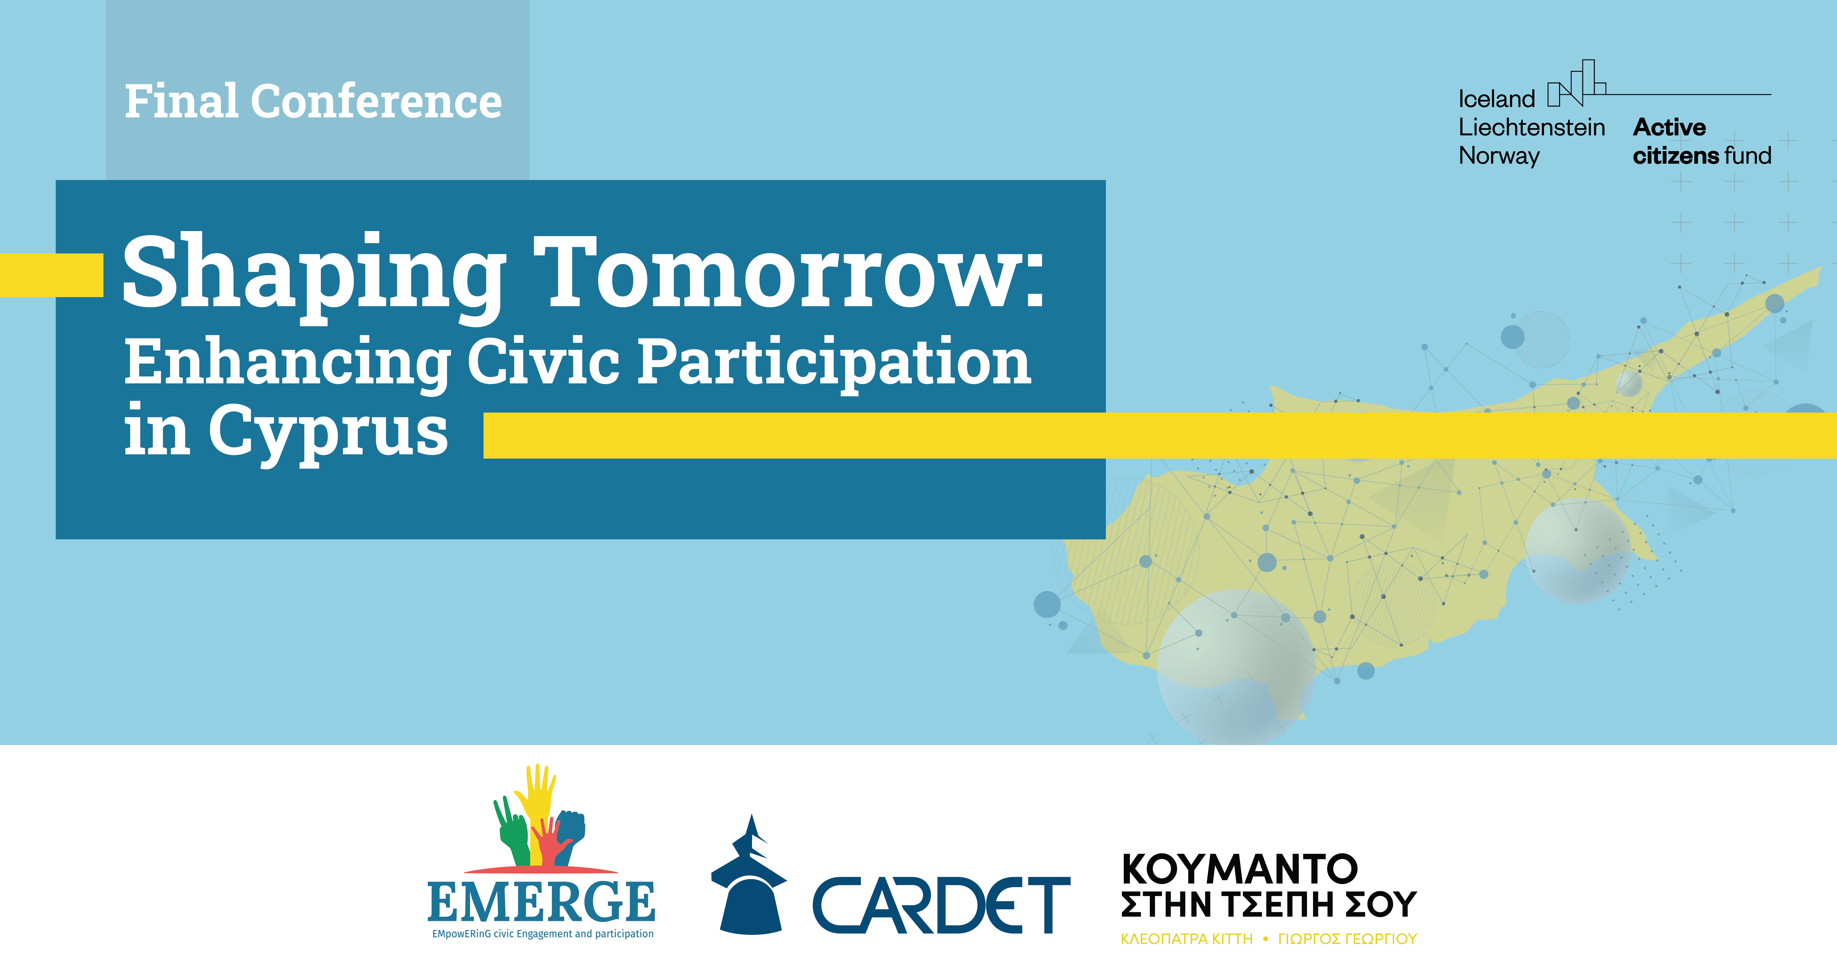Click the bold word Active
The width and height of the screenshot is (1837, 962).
pyautogui.click(x=1669, y=128)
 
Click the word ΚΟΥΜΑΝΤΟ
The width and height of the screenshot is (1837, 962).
pyautogui.click(x=1240, y=869)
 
